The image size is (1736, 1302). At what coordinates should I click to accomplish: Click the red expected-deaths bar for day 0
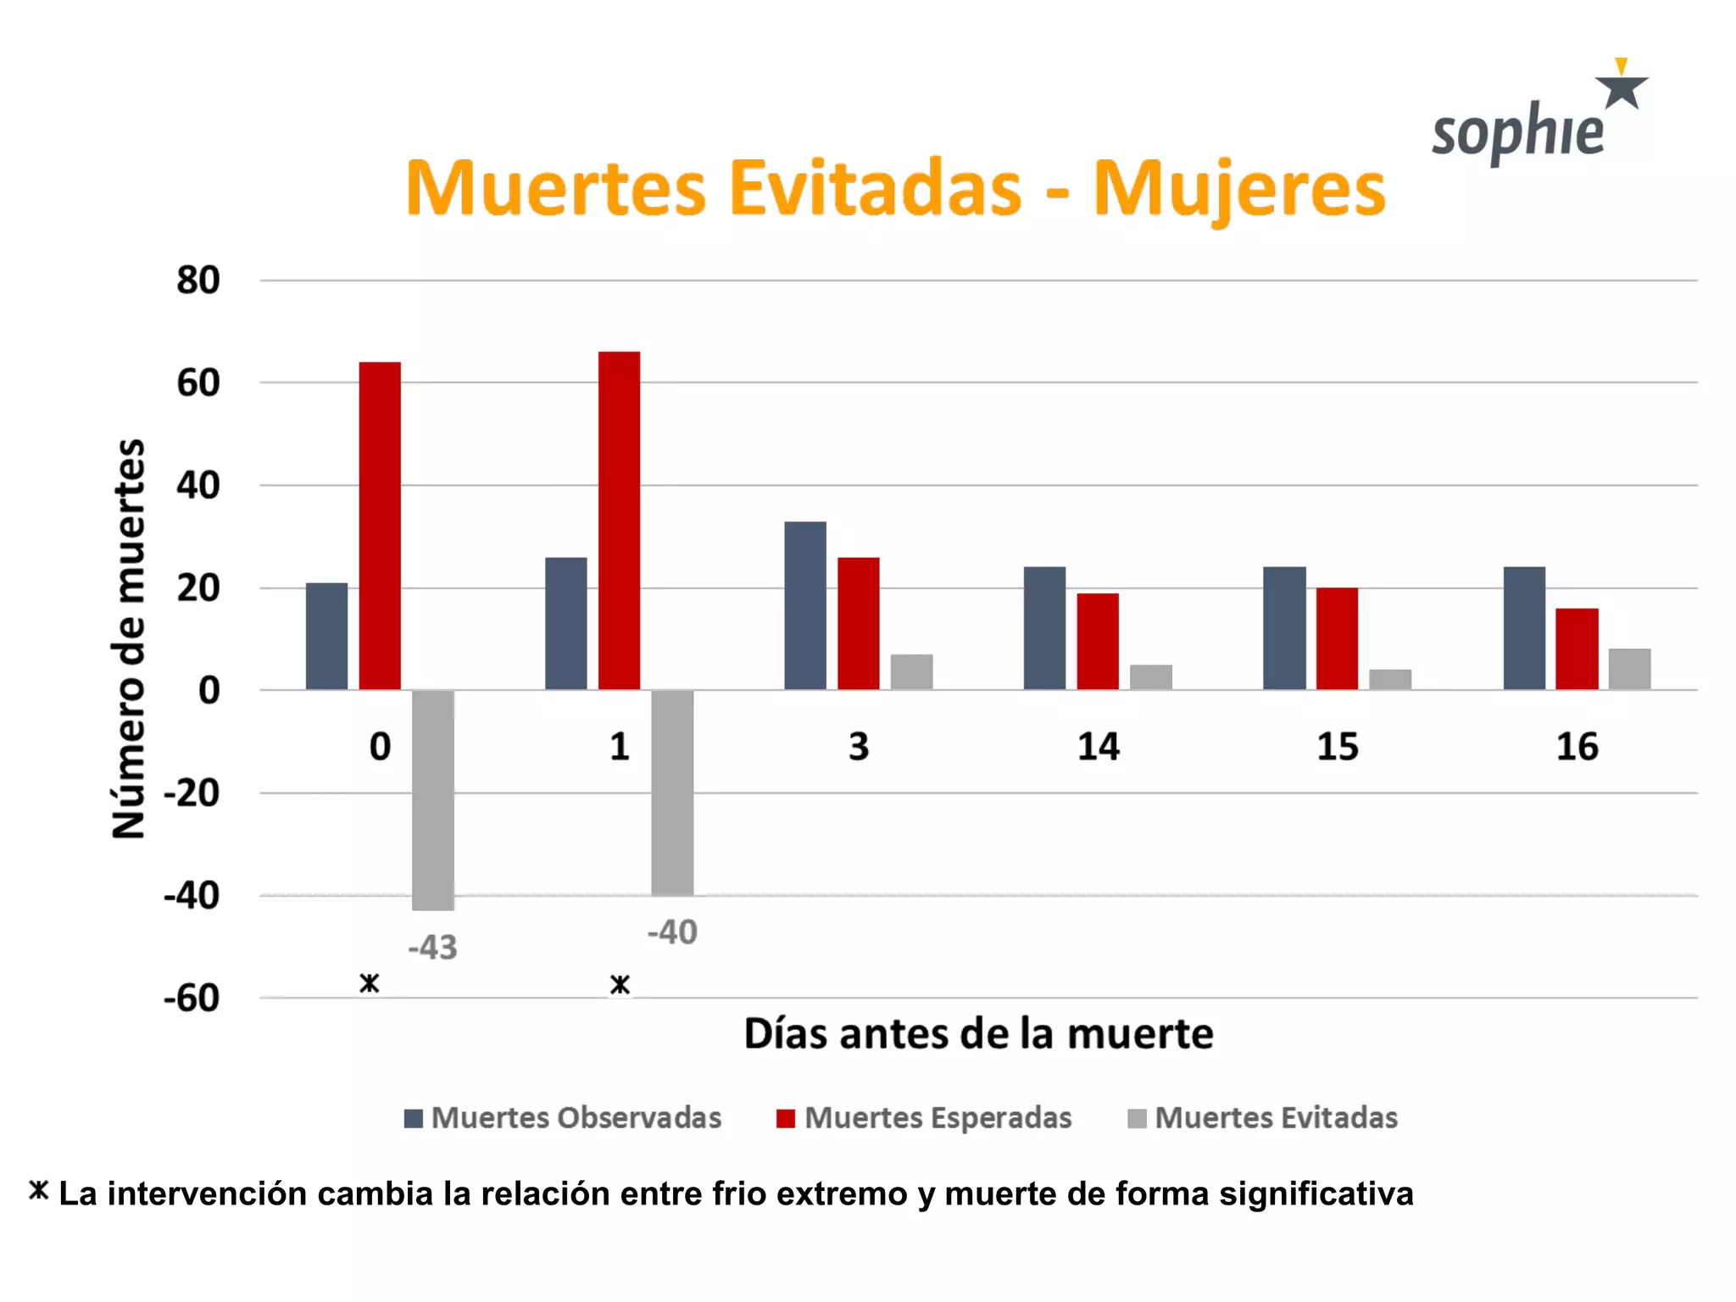tap(380, 526)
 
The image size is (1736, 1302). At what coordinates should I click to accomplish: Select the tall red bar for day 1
tap(619, 520)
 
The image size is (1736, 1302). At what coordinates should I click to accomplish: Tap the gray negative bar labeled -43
tap(433, 800)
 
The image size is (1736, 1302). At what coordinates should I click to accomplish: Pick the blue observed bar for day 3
tap(805, 605)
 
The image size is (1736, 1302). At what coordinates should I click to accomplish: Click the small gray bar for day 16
tap(1629, 669)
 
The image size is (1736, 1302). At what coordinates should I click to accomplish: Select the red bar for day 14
tap(1098, 641)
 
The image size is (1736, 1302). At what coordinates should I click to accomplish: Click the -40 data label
tap(672, 932)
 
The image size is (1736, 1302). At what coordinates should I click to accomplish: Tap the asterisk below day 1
tap(620, 985)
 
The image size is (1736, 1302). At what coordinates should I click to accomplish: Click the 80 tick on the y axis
tap(198, 281)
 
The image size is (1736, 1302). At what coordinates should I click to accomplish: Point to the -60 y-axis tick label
tap(192, 999)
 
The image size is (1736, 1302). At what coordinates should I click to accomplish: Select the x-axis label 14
tap(1098, 747)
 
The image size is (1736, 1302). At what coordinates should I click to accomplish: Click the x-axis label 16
tap(1577, 747)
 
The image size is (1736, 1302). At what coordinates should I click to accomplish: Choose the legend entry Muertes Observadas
tap(564, 1118)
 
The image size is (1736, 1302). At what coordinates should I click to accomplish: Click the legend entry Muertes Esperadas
tap(925, 1118)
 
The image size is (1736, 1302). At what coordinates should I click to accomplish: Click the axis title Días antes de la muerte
tap(978, 1034)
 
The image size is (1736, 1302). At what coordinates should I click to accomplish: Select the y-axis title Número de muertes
tap(129, 639)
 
